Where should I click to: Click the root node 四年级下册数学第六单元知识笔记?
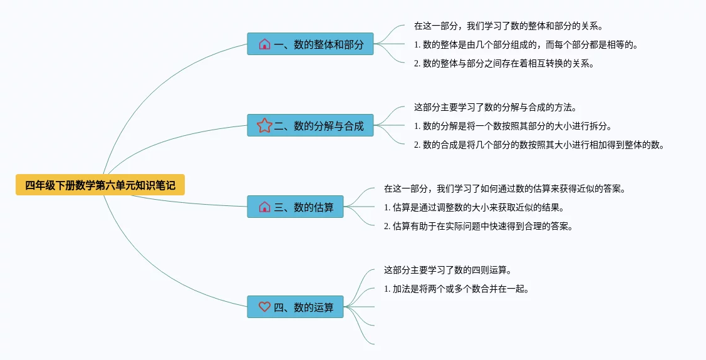[x=100, y=185]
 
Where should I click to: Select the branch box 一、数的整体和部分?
[x=310, y=44]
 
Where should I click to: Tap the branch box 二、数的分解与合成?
[x=310, y=126]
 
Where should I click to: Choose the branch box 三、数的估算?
[x=295, y=207]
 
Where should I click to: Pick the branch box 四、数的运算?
[x=295, y=307]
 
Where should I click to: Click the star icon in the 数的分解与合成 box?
[x=264, y=126]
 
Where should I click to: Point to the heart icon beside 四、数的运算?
[x=264, y=307]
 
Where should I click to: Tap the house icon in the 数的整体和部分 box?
[x=264, y=44]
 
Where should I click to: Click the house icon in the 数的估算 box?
[x=264, y=207]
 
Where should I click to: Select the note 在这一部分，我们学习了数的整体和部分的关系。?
[x=508, y=26]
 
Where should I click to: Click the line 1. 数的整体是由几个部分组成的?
[x=526, y=44]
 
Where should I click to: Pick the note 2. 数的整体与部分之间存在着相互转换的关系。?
[x=504, y=63]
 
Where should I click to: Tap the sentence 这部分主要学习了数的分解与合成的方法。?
[x=495, y=108]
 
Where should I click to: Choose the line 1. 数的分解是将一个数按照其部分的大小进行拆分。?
[x=512, y=126]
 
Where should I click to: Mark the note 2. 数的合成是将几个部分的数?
[x=539, y=145]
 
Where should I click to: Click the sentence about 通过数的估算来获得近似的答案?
[x=504, y=188]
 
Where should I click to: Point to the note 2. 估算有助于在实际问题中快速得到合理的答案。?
[x=478, y=226]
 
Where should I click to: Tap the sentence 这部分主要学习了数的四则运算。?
[x=447, y=270]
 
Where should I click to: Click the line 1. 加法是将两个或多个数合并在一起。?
[x=456, y=289]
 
